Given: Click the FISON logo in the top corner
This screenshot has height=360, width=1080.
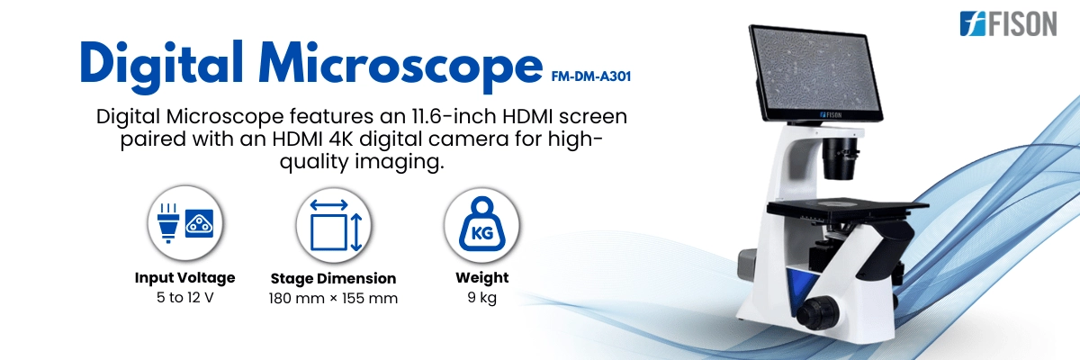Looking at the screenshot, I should [1007, 23].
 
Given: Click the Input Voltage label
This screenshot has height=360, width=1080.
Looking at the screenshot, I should [184, 277].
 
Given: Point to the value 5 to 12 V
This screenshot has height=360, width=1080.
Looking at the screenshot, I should [184, 297].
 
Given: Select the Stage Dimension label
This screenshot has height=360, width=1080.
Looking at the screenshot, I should [333, 278].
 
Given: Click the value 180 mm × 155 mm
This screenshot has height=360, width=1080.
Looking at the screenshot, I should [333, 298].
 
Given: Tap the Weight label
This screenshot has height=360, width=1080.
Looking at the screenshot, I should [481, 277].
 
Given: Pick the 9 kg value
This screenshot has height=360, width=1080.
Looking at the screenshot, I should [481, 297].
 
